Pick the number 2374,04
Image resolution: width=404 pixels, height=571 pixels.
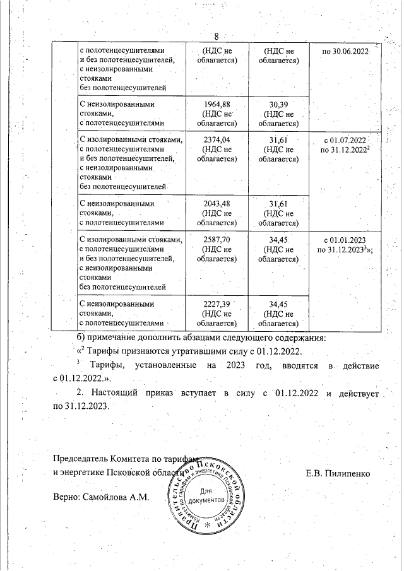(217, 140)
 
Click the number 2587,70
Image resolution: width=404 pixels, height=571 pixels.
(217, 240)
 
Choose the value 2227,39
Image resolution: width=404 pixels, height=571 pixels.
(217, 303)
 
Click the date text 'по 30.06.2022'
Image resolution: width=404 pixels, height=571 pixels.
(345, 50)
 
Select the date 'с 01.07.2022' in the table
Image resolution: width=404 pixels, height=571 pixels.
(345, 140)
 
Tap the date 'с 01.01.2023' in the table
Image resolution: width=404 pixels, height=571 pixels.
(345, 240)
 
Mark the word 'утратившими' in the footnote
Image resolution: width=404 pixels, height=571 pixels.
(203, 351)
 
